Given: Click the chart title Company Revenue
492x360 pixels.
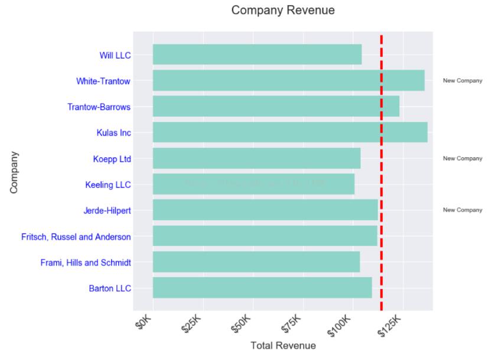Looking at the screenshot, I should tap(283, 11).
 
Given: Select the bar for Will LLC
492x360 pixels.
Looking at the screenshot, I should tap(257, 54).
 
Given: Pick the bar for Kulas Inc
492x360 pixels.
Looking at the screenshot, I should tap(289, 132).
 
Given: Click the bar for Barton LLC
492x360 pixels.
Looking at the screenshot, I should tap(262, 288).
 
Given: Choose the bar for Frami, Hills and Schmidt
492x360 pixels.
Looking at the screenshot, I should tap(256, 262).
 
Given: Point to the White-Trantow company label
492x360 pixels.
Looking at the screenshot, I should tap(103, 81).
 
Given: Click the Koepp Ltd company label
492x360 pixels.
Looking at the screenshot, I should tap(112, 159).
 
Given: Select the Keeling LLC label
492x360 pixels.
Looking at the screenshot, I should tap(107, 185).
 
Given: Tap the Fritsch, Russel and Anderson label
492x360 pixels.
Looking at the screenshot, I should tap(76, 237).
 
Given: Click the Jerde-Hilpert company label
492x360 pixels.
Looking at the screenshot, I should tap(107, 210).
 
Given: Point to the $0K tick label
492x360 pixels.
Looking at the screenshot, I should tap(145, 325).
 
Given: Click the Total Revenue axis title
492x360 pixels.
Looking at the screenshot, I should tap(283, 346).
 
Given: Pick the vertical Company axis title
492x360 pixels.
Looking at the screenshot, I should tap(14, 172).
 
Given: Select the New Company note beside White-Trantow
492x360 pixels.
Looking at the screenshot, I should tap(462, 81).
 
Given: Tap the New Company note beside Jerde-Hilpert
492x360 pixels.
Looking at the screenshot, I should tap(462, 210).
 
